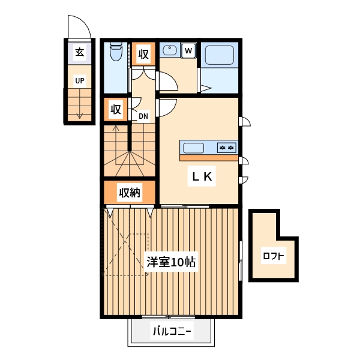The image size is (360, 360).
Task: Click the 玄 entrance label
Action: coord(79,52)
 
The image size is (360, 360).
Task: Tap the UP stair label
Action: coord(79,80)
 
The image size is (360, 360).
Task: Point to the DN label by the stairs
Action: coord(143,116)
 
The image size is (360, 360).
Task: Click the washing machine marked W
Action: coord(188,50)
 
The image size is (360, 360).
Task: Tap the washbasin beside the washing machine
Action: coord(169,50)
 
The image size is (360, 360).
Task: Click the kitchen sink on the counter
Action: coord(194,148)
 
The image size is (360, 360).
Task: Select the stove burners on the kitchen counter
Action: coord(227,148)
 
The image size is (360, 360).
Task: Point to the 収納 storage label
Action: coord(129,193)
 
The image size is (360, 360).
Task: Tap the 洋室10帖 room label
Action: coord(171,262)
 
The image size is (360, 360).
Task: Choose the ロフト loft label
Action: coord(274,257)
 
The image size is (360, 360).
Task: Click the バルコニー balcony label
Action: coord(171,331)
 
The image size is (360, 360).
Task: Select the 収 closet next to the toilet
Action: coord(143,55)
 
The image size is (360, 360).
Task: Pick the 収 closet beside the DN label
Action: coord(116,110)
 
